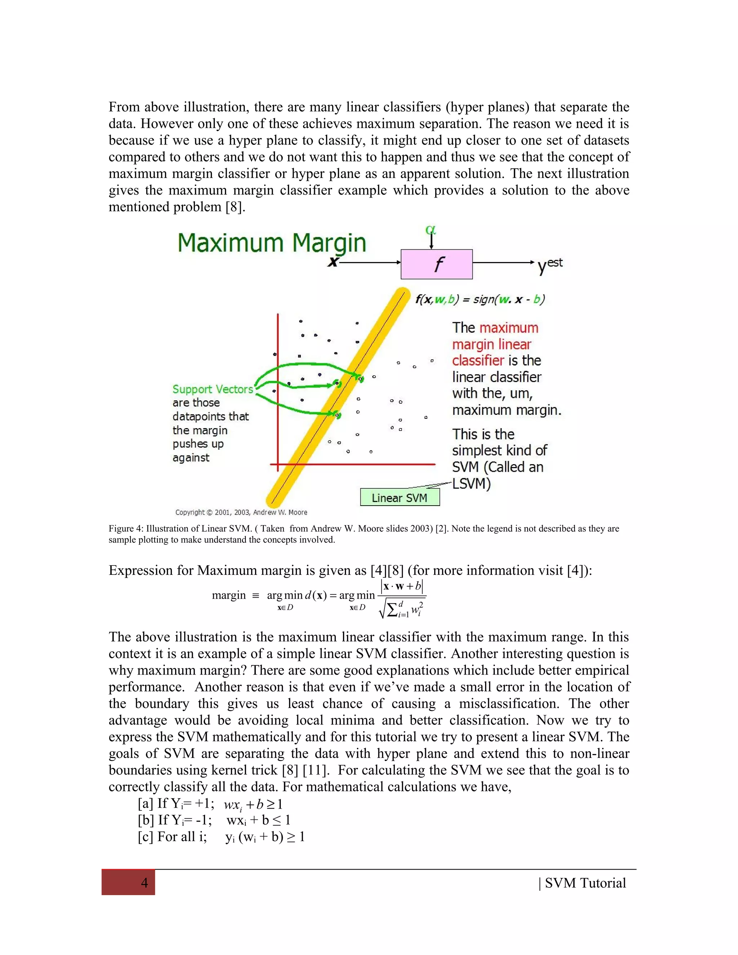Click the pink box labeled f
436,264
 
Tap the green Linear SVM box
400,498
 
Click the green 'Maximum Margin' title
271,243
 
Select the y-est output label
550,265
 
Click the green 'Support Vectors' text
213,389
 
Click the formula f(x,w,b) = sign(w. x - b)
480,299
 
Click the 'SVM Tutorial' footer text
585,883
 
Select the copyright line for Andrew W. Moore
241,512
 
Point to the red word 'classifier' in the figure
478,360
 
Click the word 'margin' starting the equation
229,595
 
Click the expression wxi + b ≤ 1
258,820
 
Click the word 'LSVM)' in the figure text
471,484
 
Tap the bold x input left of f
334,262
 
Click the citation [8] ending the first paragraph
234,207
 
